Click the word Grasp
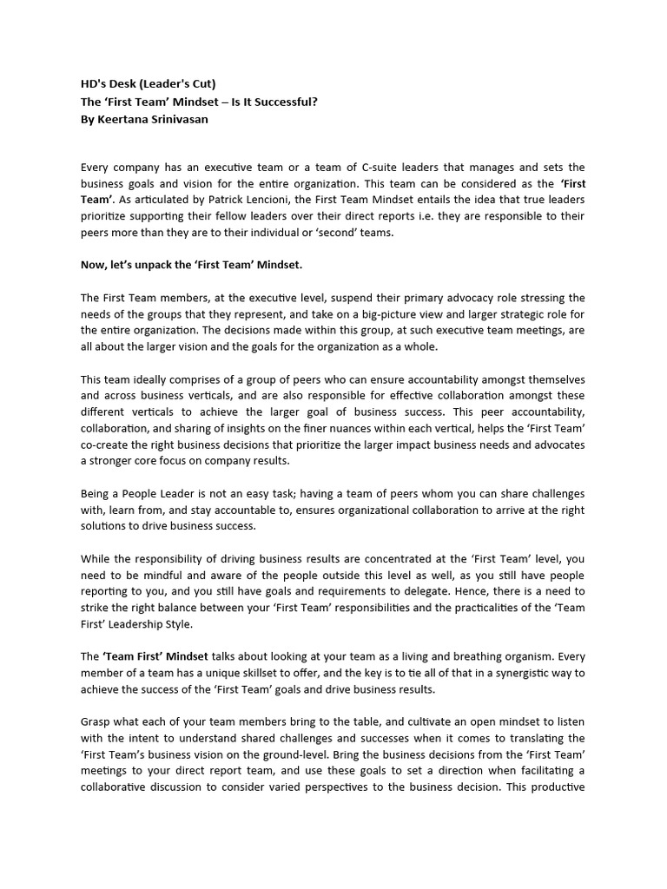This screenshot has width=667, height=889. [96, 722]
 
